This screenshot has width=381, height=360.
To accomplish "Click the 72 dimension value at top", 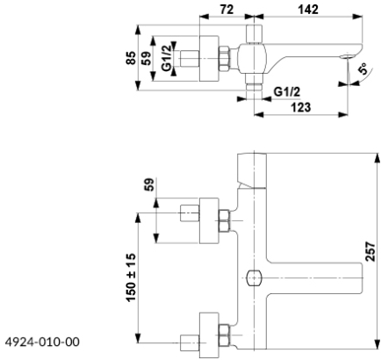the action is click(x=226, y=10).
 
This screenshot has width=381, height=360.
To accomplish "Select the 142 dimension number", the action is click(x=308, y=10).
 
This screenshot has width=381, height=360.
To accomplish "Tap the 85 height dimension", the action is click(x=132, y=58).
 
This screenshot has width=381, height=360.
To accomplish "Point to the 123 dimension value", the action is click(x=300, y=107).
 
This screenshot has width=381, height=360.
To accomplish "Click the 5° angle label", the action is click(x=363, y=69).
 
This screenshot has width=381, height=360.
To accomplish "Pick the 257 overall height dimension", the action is click(x=370, y=251).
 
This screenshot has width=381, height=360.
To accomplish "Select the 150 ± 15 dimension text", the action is click(x=131, y=277).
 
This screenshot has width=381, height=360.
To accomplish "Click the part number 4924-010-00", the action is click(x=42, y=342).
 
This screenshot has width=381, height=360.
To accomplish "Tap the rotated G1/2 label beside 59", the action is click(x=166, y=58).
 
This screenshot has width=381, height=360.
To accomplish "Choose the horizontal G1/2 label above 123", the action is click(x=287, y=92).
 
